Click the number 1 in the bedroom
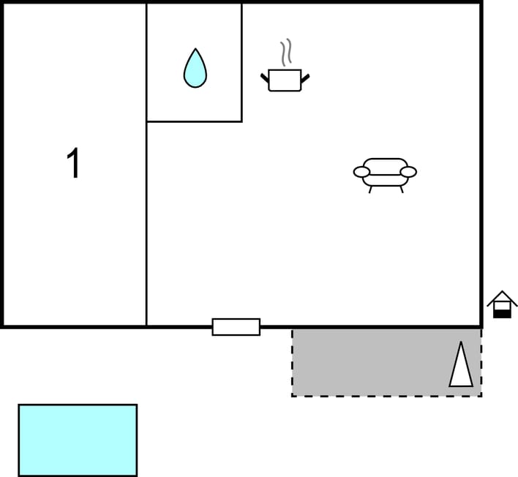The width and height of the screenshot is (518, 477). point(73,163)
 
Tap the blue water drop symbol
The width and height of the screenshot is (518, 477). point(195,69)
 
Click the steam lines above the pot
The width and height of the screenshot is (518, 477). point(286,52)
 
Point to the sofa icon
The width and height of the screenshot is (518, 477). point(385,176)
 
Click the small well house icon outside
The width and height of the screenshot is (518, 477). point(502,304)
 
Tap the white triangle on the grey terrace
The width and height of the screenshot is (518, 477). point(461,365)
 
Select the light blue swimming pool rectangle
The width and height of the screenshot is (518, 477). point(78,440)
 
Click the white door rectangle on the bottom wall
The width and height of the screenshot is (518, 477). point(236,327)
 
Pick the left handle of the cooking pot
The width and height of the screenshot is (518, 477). point(265,78)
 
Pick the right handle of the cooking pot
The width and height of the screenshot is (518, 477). point(305,78)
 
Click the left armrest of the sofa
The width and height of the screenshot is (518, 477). point(361,172)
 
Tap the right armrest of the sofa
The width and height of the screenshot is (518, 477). point(408,172)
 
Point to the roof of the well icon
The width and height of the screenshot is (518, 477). point(502,297)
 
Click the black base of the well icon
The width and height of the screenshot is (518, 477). point(502,315)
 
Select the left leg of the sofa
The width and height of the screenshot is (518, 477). point(370,189)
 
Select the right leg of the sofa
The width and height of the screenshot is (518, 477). point(402,189)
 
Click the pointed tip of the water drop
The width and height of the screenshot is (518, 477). point(195,48)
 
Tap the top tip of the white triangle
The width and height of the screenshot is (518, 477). point(461,342)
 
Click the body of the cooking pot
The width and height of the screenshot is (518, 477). point(285,80)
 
